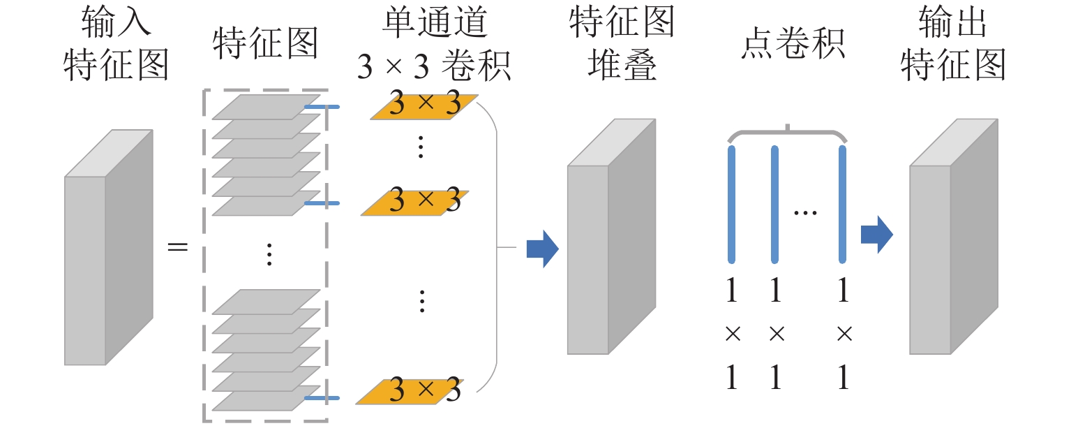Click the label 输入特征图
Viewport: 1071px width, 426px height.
(117, 45)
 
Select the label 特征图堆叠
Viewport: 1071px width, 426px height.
(611, 45)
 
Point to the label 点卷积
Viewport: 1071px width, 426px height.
(793, 43)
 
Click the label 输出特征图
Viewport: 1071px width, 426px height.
(953, 45)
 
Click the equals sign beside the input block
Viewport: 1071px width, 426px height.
(178, 247)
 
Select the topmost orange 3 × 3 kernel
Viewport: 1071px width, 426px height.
(424, 106)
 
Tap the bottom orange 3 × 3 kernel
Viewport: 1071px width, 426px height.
(410, 391)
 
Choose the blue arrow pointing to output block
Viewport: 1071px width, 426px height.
(876, 234)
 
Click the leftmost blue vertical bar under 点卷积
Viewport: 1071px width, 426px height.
(731, 204)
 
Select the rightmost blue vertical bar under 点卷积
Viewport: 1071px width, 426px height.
(843, 204)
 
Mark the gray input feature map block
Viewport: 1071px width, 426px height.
(108, 248)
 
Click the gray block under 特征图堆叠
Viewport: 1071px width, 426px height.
(611, 237)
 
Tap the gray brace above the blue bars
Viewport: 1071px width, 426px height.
(787, 133)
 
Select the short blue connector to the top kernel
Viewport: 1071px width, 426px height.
(322, 107)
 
